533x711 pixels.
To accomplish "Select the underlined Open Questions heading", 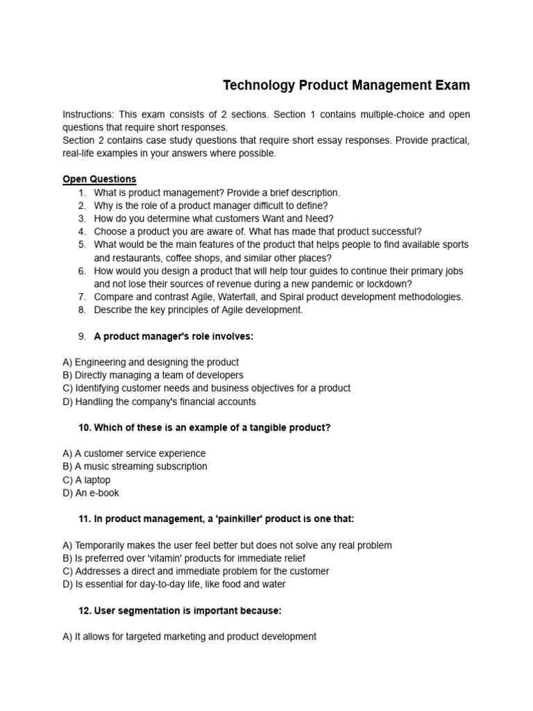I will (99, 179).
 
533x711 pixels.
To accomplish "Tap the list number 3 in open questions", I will (82, 219).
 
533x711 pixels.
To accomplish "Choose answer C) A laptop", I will (86, 480).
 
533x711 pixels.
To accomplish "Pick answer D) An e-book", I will (90, 493).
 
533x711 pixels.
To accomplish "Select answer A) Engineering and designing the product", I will (151, 362).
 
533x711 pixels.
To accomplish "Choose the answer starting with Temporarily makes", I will (227, 545).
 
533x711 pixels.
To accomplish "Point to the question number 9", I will (82, 336).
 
